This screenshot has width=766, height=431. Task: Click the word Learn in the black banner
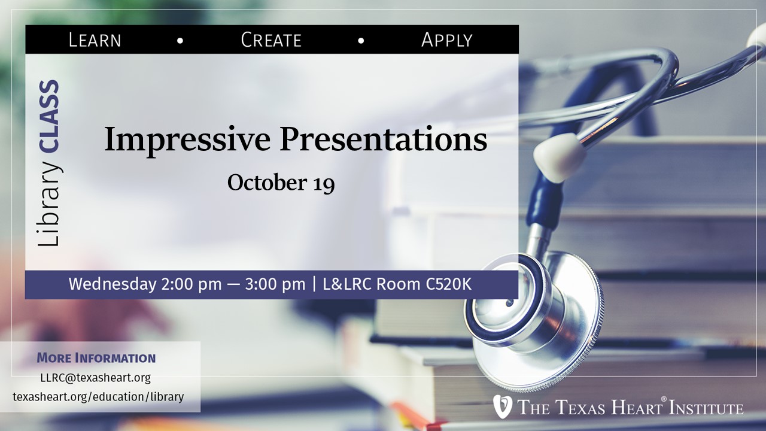coord(95,40)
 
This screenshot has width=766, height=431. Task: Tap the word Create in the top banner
coord(271,40)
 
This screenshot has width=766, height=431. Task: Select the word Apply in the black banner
coord(446,40)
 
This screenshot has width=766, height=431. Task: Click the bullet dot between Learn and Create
coord(180,41)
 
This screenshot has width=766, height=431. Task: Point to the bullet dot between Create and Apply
coord(361,41)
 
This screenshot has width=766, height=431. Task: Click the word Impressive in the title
coord(187,139)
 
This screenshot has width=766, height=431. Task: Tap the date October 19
coord(281,183)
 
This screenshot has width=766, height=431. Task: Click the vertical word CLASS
coord(49,116)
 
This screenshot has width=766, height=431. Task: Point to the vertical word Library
coord(48,204)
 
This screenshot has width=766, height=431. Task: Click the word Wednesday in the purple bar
coord(113,284)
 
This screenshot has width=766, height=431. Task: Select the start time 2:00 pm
coord(191,284)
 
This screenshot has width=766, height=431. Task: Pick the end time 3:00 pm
coord(275,284)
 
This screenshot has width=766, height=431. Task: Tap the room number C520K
coord(449,284)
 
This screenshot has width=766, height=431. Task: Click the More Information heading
coord(96,358)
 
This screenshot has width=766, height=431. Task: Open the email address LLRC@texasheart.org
coord(95,378)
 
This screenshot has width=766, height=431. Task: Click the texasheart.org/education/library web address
coord(98,397)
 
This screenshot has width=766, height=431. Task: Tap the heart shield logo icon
coord(502,406)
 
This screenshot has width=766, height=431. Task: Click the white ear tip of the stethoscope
coord(557,157)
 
